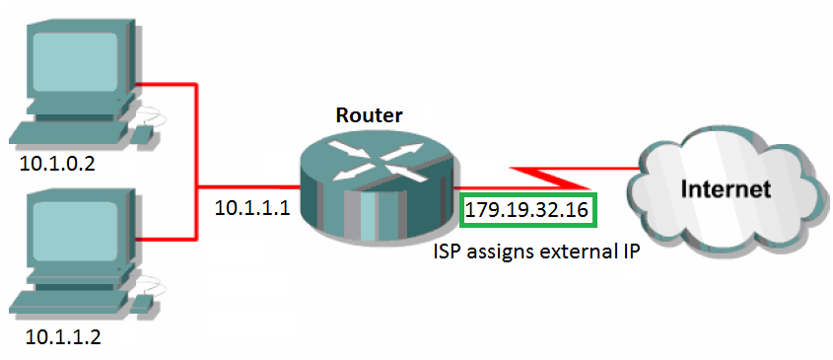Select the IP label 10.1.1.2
click(60, 337)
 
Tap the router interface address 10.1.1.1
click(252, 209)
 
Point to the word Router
click(369, 115)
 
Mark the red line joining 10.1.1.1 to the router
click(246, 185)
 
